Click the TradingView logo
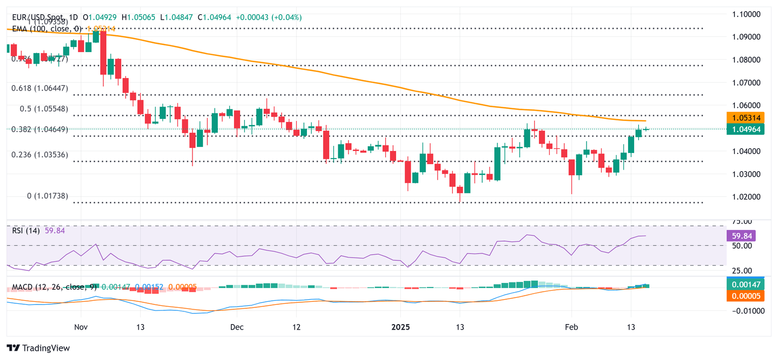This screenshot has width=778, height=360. (x=38, y=348)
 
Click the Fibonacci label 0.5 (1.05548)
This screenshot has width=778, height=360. (x=44, y=109)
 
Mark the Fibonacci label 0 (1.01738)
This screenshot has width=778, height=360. (x=48, y=196)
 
